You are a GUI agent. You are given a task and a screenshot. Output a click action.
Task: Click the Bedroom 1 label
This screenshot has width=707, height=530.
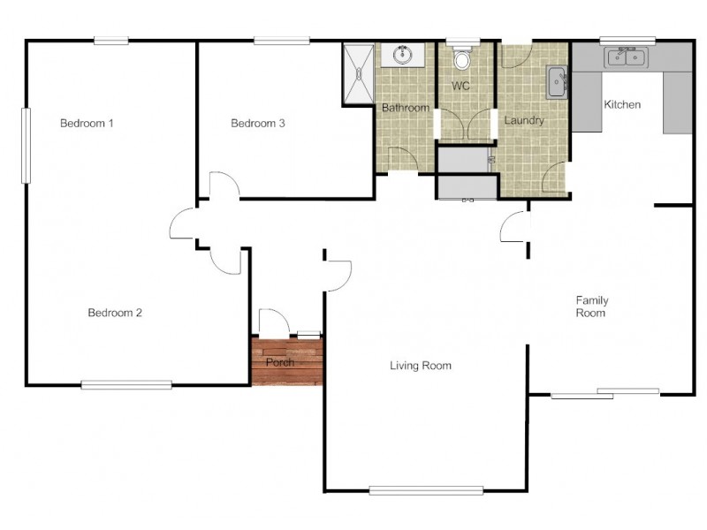(x=87, y=123)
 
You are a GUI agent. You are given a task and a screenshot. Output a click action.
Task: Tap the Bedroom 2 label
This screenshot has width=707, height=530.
(x=115, y=313)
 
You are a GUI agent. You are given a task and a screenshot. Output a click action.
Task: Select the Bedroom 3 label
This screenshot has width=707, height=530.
(x=257, y=123)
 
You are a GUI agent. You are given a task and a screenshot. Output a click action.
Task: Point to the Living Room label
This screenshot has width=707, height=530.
(x=421, y=366)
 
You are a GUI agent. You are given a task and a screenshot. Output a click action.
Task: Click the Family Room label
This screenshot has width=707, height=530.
(x=591, y=307)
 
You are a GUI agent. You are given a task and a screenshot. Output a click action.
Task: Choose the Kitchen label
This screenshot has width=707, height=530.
(x=622, y=104)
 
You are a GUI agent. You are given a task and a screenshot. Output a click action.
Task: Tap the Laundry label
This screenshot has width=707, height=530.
(x=524, y=120)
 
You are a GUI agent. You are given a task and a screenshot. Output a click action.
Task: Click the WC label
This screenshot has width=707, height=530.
(x=460, y=86)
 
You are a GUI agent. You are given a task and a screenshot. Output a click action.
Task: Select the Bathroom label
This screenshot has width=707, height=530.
(x=406, y=108)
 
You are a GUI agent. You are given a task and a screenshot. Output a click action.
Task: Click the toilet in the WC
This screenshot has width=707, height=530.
(x=460, y=59)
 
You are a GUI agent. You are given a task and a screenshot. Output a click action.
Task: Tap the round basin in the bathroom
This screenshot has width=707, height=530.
(x=403, y=55)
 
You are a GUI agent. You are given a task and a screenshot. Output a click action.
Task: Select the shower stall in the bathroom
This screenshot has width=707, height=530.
(x=359, y=73)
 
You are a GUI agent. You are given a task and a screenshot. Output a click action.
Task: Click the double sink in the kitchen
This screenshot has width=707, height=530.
(x=627, y=57)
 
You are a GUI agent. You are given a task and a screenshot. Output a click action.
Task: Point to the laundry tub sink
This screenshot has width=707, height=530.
(x=557, y=82)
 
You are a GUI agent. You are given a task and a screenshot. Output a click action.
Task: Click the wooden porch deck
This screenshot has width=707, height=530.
(x=287, y=362)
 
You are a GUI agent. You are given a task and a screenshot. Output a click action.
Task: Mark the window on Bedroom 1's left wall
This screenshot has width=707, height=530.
(x=26, y=145)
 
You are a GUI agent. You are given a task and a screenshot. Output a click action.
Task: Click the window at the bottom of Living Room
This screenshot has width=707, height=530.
(x=426, y=490)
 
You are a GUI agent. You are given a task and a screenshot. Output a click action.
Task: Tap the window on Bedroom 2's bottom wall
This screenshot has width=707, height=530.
(x=126, y=384)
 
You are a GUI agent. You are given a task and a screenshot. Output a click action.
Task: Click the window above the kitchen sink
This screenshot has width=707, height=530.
(x=627, y=40)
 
